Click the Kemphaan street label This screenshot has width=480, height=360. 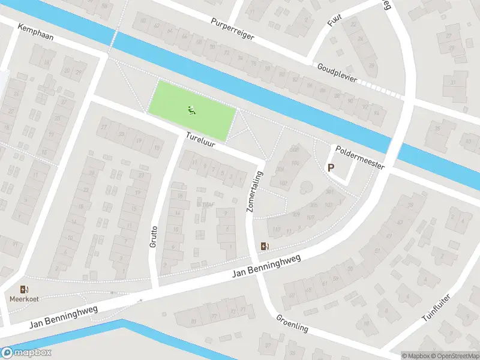coord(35,33)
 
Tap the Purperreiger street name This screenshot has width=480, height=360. coord(233,29)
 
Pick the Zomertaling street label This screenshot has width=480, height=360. coord(253,190)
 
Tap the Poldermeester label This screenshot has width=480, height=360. coord(360,157)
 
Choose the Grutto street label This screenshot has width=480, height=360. coord(154,237)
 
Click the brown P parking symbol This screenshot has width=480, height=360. coord(331,168)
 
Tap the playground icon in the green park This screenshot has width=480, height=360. coord(192,110)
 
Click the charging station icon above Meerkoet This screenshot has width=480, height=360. coord(24,289)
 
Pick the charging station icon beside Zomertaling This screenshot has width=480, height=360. coord(265,246)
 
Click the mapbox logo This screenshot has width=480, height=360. coord(26,353)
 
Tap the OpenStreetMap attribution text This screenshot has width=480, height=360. coord(451,356)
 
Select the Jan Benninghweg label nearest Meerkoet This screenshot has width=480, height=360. coord(63,317)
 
